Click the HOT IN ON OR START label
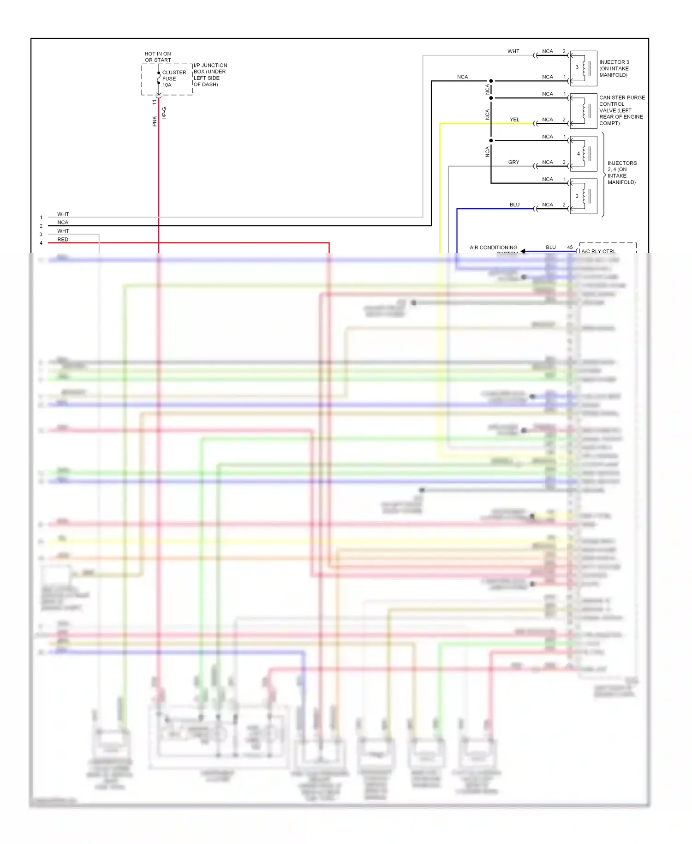(158, 57)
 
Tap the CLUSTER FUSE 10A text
(174, 78)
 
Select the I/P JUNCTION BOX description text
(210, 75)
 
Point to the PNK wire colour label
(155, 121)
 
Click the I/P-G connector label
(164, 113)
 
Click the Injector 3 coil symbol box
(584, 68)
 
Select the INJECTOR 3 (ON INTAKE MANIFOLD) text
(614, 68)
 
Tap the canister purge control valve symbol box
(584, 111)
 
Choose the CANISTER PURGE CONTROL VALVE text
(621, 110)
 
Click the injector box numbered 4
(584, 154)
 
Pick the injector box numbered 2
(584, 196)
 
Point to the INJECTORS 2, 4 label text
(621, 173)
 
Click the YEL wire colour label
(514, 120)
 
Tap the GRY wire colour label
(513, 162)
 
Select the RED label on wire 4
(63, 239)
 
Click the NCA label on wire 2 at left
(63, 222)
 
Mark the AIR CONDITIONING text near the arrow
(493, 247)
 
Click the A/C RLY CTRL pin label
(598, 251)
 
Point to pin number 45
(570, 247)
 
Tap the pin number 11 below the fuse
(155, 102)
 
